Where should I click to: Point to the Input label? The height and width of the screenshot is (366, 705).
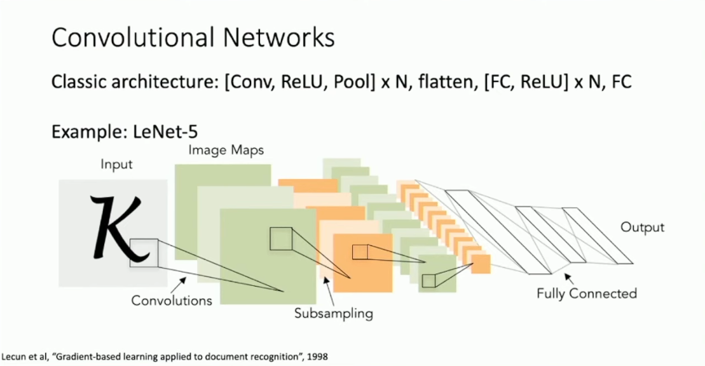pos(116,165)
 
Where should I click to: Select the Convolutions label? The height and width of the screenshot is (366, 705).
pos(172,300)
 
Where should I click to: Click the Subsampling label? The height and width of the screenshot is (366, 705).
pos(333,313)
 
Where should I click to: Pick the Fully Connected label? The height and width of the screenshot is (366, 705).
pos(586,293)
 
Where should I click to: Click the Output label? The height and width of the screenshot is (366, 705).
pos(642,227)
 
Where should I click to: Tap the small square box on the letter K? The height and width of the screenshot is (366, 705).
pos(144,252)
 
